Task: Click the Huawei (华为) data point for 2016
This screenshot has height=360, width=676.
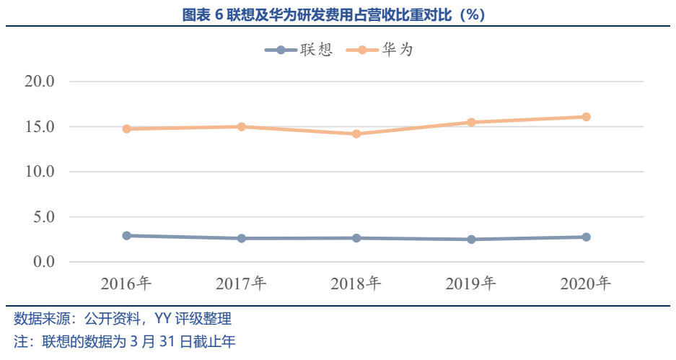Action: (126, 128)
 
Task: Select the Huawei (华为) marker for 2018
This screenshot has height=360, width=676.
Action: (356, 133)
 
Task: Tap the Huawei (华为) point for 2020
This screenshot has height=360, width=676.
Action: (586, 117)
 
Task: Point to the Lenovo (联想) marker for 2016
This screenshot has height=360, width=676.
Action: (126, 236)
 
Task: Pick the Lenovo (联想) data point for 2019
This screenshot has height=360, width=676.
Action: (471, 240)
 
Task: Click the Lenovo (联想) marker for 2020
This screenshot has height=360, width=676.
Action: (586, 237)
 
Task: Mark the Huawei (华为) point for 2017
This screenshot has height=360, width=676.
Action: (242, 127)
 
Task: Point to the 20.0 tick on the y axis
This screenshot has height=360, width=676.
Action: (40, 82)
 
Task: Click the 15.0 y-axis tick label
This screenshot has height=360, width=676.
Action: (40, 127)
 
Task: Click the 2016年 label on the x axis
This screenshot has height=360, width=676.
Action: (126, 284)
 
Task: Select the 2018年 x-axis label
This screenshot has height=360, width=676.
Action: (356, 284)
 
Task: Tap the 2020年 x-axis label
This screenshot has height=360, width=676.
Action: (586, 284)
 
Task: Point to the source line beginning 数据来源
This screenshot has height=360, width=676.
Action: (123, 319)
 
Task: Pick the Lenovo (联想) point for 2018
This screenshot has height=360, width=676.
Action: (356, 238)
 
